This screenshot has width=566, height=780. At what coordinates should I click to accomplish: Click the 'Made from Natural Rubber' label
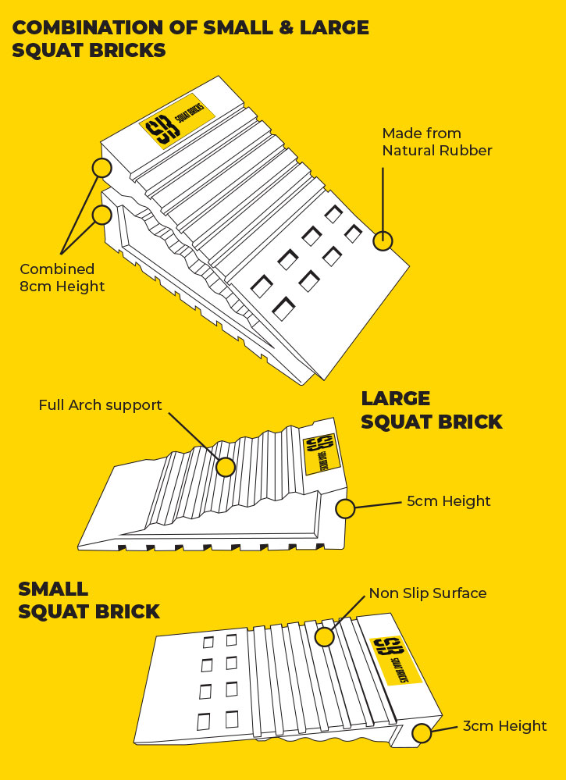[436, 141]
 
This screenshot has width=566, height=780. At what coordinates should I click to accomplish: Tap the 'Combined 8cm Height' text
[62, 277]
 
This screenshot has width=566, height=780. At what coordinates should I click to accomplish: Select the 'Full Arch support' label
[100, 405]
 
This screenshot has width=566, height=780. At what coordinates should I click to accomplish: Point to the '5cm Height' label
[448, 501]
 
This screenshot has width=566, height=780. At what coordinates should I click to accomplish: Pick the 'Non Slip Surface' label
[427, 593]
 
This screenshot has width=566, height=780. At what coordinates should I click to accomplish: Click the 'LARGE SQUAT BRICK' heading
[431, 410]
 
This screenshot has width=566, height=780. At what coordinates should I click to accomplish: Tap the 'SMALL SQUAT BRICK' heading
[88, 600]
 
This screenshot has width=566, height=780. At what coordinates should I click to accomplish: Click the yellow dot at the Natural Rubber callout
[383, 241]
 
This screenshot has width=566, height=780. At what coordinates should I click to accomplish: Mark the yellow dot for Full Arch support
[226, 467]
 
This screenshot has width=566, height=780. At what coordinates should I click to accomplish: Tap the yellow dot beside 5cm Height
[345, 509]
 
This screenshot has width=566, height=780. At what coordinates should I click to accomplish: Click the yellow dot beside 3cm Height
[422, 733]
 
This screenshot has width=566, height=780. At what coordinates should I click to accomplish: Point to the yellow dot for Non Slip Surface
[324, 636]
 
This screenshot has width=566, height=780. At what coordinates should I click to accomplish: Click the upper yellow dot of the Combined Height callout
[101, 167]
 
